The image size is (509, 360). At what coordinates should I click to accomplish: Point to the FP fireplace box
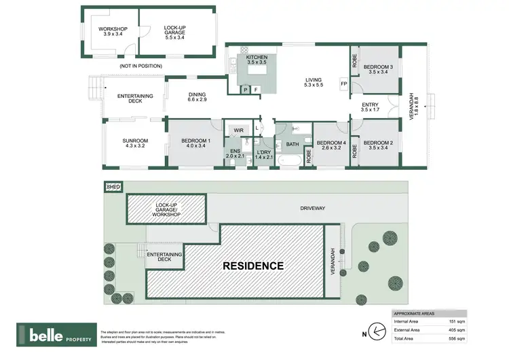click(343, 84)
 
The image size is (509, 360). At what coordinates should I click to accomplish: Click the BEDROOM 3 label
click(375, 69)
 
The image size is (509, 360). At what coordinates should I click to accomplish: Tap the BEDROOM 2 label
click(375, 145)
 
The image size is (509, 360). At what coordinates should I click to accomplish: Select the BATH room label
click(293, 144)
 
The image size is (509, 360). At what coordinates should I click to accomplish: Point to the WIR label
click(238, 130)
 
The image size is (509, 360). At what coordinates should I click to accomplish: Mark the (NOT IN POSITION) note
click(140, 66)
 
